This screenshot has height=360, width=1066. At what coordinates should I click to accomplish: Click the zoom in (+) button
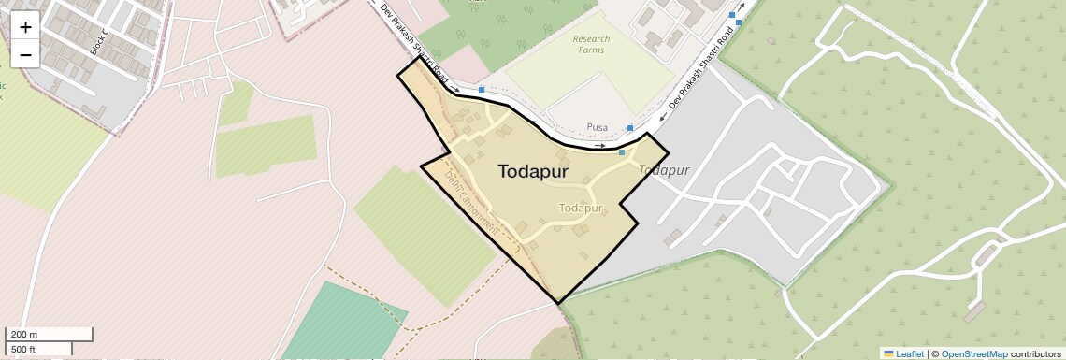coord(25,27)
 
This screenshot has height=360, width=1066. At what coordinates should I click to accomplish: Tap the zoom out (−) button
coord(25,55)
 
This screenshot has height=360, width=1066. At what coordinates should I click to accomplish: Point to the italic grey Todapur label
coord(664,170)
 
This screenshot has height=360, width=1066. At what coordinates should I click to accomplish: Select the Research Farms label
coord(591,44)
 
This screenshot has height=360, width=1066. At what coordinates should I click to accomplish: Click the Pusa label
coord(597,126)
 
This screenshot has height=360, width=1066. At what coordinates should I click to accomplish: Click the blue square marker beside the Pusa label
coord(630,127)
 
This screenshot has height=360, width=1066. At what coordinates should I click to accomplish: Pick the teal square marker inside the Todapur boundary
coord(622,151)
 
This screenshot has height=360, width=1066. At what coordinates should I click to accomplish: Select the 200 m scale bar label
coord(24,335)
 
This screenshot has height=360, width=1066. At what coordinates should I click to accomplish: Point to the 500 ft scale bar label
coord(24,349)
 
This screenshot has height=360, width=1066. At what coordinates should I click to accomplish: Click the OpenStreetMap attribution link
coord(973,353)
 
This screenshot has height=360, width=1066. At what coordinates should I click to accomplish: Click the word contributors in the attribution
coord(1035,353)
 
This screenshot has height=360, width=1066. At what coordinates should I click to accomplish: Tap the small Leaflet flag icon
coord(888,353)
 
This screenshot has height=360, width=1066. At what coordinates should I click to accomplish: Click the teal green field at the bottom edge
coord(341,323)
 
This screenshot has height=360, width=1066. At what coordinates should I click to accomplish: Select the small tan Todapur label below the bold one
coord(580,208)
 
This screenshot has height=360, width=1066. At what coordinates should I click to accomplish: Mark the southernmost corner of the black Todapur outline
coord(558,303)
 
